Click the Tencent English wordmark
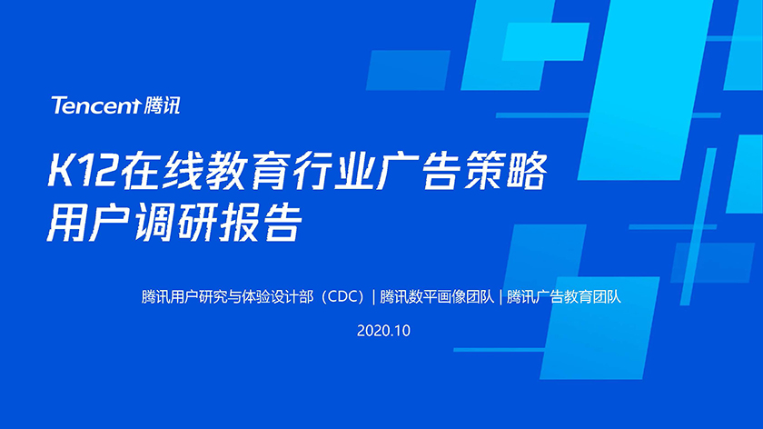96,105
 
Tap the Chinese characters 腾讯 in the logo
162,105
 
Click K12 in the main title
82,171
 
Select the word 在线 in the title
161,171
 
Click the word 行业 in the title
333,171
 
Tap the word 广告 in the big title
419,171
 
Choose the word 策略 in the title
505,171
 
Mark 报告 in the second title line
261,223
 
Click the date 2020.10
383,331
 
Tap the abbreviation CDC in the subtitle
344,296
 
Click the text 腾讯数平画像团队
437,296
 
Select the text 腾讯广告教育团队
564,296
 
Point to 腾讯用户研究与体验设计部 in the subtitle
227,296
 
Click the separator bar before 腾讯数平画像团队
373,296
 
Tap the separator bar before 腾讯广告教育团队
500,296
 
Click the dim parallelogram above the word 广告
408,70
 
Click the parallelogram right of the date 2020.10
599,328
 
